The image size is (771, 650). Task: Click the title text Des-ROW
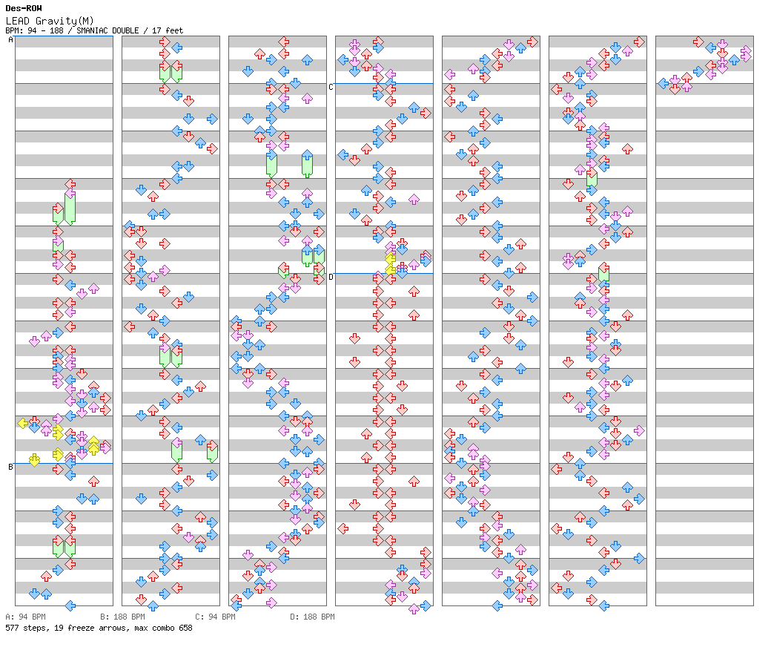[24, 8]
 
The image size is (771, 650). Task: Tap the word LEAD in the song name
[18, 21]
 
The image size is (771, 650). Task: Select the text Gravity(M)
[64, 22]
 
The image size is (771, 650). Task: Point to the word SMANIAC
[92, 30]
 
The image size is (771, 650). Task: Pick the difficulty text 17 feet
[168, 30]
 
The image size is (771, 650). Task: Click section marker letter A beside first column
[10, 39]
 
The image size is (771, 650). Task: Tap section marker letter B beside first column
[10, 467]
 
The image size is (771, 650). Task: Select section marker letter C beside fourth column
[331, 87]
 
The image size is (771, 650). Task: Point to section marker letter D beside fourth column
[331, 277]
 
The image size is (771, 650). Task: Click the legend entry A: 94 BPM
[25, 617]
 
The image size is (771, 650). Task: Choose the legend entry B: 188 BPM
[122, 617]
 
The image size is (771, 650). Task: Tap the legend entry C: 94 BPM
[216, 617]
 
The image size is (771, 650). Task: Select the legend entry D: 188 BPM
[312, 617]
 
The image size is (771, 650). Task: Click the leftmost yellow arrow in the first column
[23, 423]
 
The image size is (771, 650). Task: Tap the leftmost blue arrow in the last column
[664, 83]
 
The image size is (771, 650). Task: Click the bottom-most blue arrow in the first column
[70, 605]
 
